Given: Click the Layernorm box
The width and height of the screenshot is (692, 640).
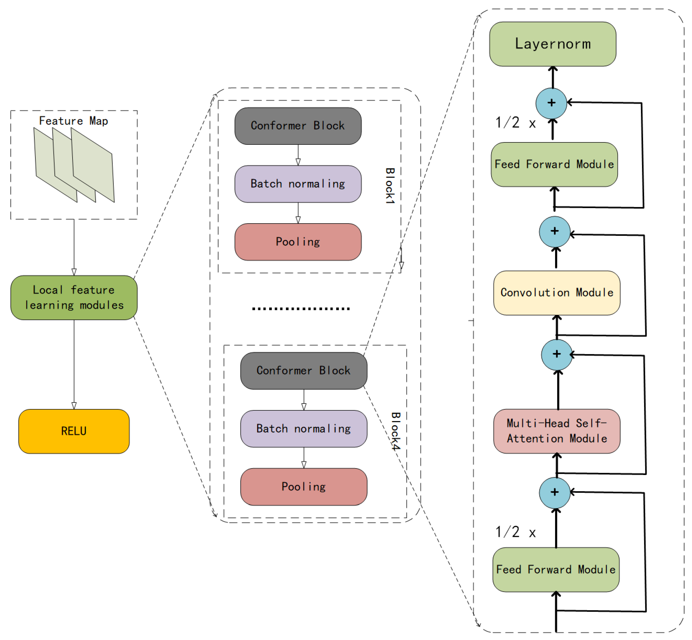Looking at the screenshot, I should click(552, 44).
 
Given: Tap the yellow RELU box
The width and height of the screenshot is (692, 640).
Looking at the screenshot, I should click(74, 431).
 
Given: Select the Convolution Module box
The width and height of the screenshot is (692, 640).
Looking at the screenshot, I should click(556, 293).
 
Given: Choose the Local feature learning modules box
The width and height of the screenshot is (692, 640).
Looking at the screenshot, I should click(74, 298).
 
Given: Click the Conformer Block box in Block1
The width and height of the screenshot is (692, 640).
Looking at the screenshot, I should click(298, 126).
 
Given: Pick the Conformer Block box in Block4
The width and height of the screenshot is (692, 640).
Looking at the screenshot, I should click(303, 371).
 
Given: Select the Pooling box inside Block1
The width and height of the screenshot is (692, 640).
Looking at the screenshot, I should click(298, 242).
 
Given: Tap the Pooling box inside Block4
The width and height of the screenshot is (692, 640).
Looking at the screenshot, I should click(303, 487).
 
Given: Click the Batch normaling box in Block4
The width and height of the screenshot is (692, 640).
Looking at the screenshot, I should click(303, 429).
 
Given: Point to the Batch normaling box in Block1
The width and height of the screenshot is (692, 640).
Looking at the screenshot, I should click(298, 184).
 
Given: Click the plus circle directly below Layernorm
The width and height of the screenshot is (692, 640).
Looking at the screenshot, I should click(551, 103).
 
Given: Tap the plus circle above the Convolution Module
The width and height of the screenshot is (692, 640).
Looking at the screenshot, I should click(554, 231).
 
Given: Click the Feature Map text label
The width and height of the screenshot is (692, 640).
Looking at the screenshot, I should click(73, 121).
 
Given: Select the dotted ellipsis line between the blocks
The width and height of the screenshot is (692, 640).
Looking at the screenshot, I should click(301, 308).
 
